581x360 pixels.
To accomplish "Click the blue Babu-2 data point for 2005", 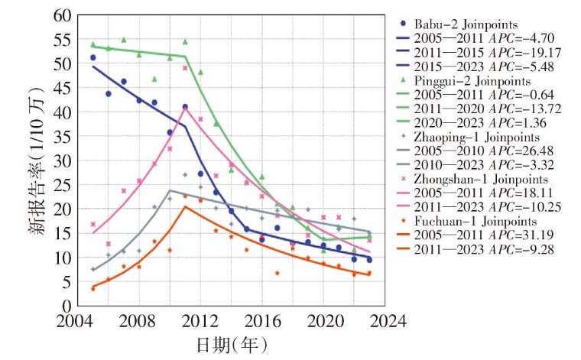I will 93,57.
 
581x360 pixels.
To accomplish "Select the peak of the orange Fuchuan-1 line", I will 185,206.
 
